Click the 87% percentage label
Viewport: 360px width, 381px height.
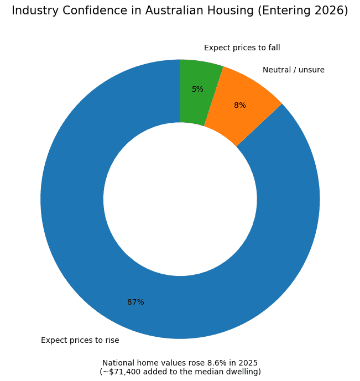pos(135,302)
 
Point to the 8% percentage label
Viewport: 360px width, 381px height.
pos(239,105)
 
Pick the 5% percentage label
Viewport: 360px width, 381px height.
pos(197,89)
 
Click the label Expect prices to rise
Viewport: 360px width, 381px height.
pos(80,340)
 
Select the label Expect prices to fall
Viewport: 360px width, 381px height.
pos(242,48)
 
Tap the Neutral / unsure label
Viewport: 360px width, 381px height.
pos(293,70)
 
